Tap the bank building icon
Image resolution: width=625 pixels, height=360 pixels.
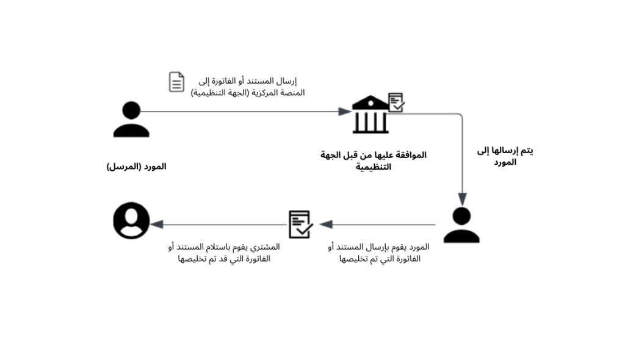click(370, 115)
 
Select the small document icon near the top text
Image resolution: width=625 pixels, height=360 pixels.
click(176, 82)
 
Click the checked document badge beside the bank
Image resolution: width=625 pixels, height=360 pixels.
click(396, 102)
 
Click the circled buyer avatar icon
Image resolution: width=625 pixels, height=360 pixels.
click(131, 220)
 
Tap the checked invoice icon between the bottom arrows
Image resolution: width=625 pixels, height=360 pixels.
click(300, 225)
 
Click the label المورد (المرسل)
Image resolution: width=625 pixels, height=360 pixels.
click(136, 167)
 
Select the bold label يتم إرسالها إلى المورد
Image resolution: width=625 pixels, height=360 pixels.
click(505, 156)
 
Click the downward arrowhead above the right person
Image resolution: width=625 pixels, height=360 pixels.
click(462, 199)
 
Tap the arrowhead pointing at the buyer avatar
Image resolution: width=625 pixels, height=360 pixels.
click(157, 225)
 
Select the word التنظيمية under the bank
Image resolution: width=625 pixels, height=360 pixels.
click(374, 167)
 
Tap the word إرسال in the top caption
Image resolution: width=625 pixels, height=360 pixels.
click(286, 81)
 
